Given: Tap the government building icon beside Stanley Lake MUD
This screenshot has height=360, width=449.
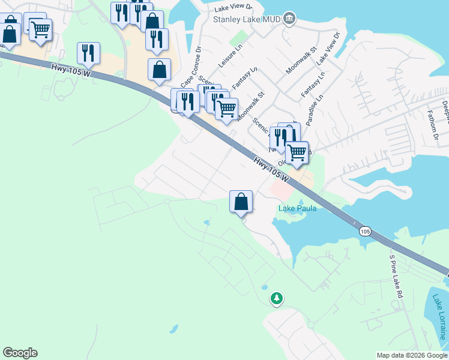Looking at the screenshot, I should [289, 18].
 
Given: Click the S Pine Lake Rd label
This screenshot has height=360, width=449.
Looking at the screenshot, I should [396, 277].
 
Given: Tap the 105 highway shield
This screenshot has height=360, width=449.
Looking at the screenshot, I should [365, 231].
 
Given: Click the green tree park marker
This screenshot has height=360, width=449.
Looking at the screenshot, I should [276, 298].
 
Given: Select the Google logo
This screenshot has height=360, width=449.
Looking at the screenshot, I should [20, 353].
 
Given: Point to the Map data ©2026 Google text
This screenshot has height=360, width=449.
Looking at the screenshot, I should [412, 355].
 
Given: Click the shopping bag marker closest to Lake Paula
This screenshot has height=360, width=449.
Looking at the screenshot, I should [241, 201].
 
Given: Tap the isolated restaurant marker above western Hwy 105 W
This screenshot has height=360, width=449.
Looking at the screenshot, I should [89, 53].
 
